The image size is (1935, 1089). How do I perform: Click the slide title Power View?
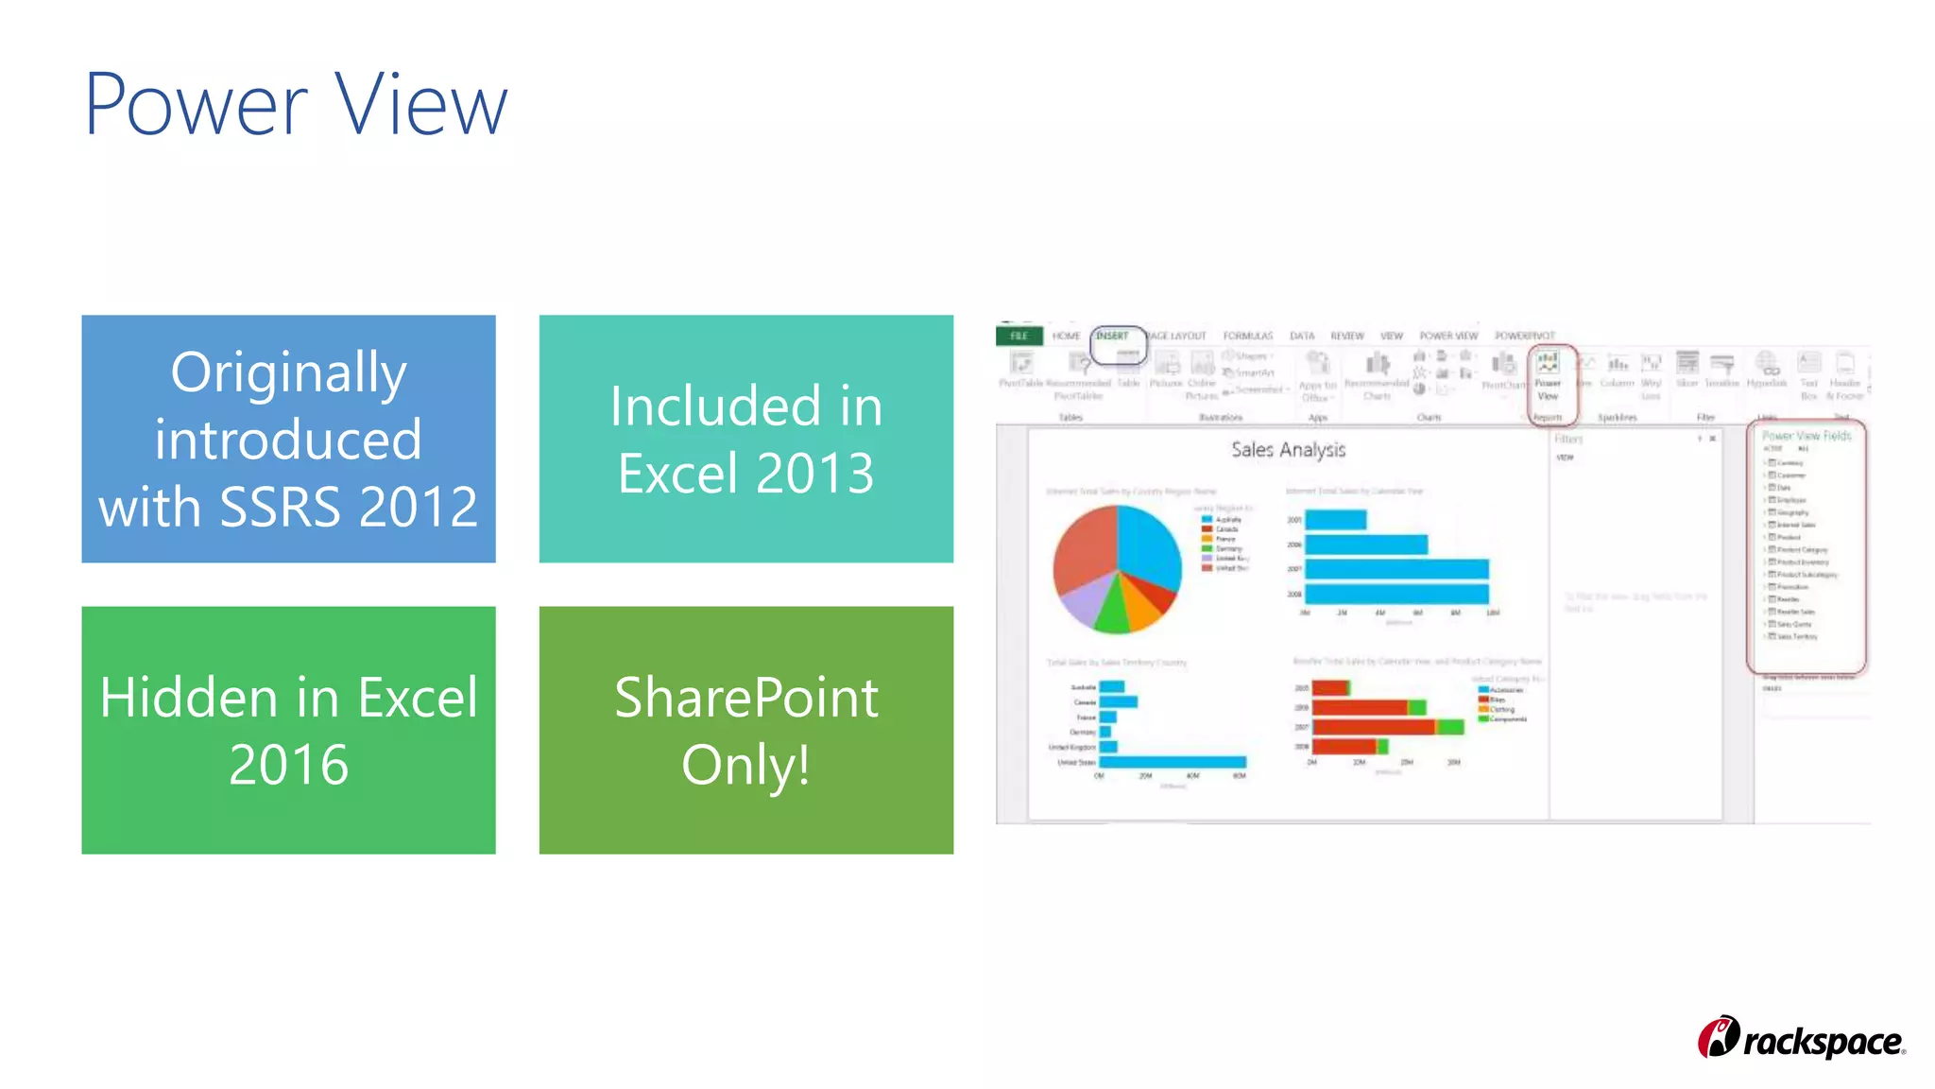tap(296, 104)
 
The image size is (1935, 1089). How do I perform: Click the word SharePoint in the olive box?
tap(745, 699)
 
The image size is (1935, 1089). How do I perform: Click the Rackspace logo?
tap(1801, 1039)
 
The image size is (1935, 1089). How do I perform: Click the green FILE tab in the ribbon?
tap(1019, 336)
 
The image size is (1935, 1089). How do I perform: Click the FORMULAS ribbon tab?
tap(1247, 337)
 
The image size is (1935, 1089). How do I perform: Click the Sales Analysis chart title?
tap(1288, 450)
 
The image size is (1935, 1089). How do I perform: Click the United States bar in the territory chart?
tap(1172, 762)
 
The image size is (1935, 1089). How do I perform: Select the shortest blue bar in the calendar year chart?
tap(1334, 520)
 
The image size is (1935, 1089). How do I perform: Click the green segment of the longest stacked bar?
tap(1451, 727)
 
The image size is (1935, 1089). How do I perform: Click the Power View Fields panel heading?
tap(1806, 436)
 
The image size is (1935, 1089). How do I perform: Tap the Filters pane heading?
tap(1568, 440)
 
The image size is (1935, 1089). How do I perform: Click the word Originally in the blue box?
tap(288, 373)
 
